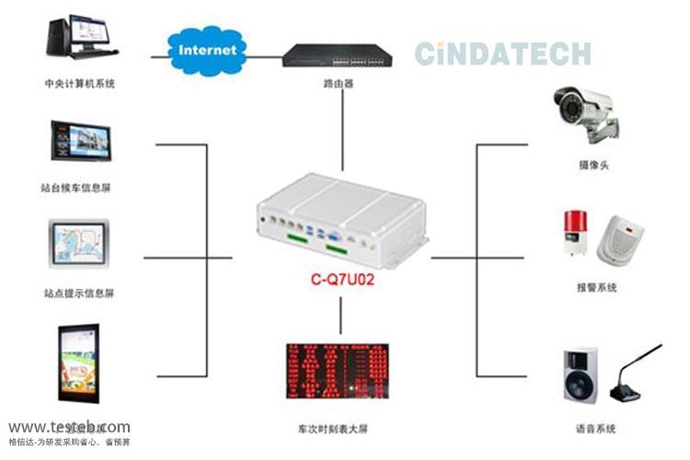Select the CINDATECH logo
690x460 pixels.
[501, 52]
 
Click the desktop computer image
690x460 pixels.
[78, 38]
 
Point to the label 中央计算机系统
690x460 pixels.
[80, 84]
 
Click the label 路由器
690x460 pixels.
[338, 84]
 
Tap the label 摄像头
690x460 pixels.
[592, 165]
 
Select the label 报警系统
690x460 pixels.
[595, 287]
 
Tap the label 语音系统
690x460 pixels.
[596, 429]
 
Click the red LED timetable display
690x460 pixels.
[339, 374]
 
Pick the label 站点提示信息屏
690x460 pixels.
[79, 293]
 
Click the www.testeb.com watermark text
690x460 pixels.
[70, 427]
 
